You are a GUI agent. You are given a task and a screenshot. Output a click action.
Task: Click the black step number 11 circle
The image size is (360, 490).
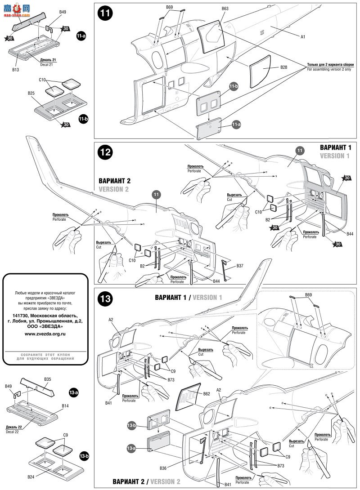[x=105, y=14]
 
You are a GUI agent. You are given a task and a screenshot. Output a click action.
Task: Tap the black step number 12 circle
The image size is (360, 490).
[x=105, y=153]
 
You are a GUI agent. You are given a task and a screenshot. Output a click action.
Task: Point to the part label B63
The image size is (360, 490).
[x=225, y=9]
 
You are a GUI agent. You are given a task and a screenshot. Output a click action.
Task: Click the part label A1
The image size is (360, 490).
[x=303, y=37]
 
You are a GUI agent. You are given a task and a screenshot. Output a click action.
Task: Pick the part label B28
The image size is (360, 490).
[x=283, y=67]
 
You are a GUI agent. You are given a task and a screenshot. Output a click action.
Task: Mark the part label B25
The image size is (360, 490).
[x=31, y=93]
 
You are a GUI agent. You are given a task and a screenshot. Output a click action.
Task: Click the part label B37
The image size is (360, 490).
[x=240, y=266]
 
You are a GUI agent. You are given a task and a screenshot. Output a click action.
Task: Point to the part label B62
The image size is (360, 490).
[x=207, y=393]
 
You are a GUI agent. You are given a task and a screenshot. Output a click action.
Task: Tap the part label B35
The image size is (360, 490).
[x=48, y=379]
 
